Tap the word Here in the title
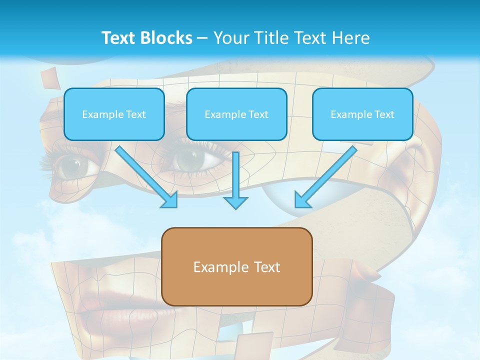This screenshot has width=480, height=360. [350, 38]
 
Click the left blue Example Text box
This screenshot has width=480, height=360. [114, 114]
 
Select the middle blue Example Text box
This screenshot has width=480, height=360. [236, 114]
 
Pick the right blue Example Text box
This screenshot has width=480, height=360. [362, 114]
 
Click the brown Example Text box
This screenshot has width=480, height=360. [236, 266]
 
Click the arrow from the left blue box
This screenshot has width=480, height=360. [145, 175]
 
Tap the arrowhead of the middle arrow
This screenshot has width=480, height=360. [235, 202]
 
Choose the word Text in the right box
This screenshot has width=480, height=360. [384, 114]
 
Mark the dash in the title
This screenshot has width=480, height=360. [202, 38]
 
